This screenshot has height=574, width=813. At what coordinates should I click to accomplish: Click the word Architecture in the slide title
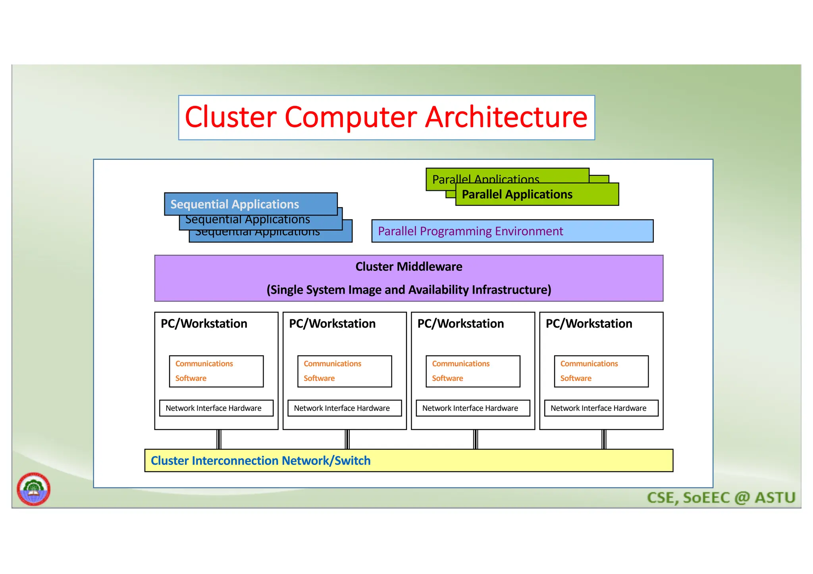[x=506, y=117]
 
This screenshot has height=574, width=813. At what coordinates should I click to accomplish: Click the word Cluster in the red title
[x=231, y=117]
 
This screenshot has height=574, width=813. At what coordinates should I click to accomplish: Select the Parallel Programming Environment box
[x=512, y=231]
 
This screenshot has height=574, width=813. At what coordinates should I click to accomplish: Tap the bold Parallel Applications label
[x=517, y=194]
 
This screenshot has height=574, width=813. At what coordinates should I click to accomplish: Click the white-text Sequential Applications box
[x=250, y=204]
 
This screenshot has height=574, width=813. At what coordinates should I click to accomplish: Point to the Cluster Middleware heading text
[x=408, y=267]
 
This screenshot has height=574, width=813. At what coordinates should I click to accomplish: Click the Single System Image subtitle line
[x=408, y=290]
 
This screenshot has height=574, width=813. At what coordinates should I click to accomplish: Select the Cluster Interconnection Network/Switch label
[x=260, y=461]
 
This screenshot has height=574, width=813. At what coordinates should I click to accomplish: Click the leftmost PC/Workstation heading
[x=204, y=324]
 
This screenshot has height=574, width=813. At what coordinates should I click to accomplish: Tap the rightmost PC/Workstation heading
[x=589, y=324]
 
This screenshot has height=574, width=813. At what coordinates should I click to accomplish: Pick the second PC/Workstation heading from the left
[x=332, y=324]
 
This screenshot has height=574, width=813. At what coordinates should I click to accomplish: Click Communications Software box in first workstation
[x=216, y=371]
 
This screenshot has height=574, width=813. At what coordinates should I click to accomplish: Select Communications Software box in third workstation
[x=473, y=371]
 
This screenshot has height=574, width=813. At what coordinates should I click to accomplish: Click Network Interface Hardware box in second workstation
[x=344, y=408]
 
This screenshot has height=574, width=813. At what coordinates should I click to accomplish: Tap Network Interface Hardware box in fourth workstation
[x=601, y=408]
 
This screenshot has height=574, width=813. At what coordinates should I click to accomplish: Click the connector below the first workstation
[x=219, y=440]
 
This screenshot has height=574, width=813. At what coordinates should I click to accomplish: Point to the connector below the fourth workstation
[x=604, y=440]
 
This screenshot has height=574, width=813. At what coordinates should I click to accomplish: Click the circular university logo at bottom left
[x=33, y=489]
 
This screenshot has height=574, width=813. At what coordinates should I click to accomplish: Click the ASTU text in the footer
[x=774, y=498]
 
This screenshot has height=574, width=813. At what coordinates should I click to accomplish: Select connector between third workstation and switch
[x=476, y=440]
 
